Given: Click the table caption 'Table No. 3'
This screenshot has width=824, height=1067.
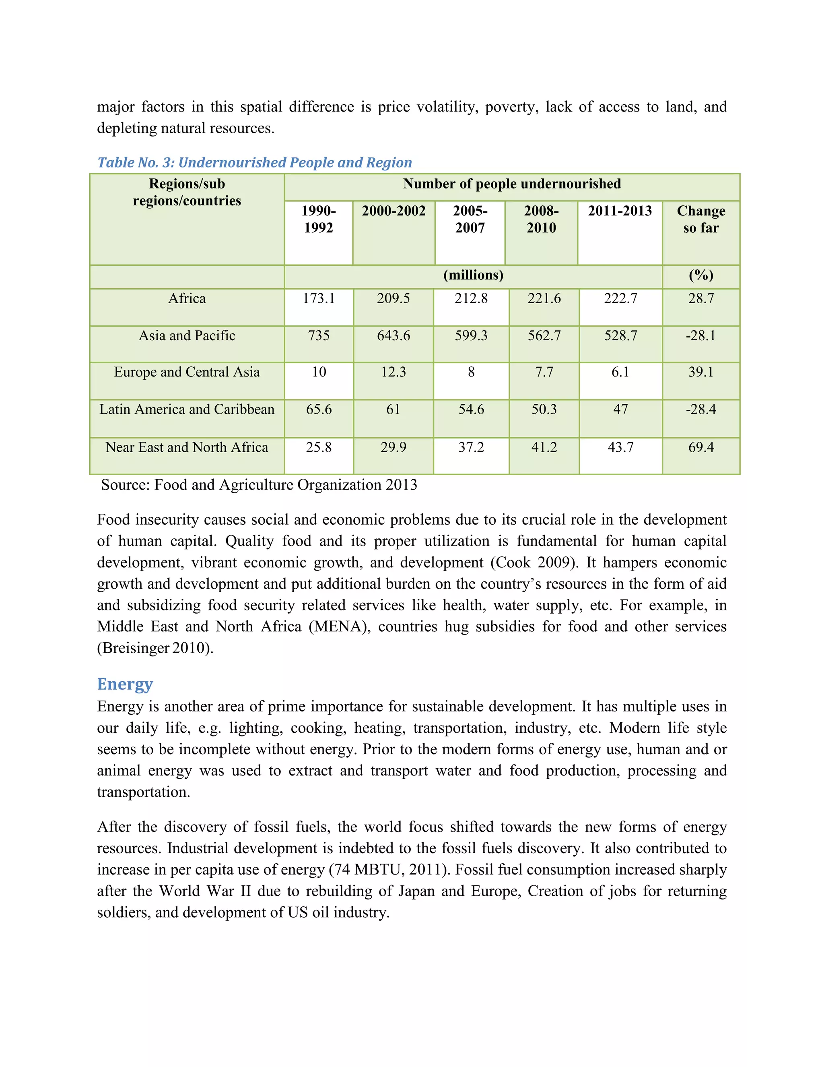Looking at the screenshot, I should click(254, 162).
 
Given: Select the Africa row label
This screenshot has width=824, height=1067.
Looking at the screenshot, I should click(187, 298).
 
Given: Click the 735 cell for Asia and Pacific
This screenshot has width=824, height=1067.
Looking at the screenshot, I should click(319, 336).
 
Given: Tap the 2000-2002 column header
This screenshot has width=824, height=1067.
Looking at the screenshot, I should click(393, 211).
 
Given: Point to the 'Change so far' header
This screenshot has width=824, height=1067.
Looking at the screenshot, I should click(701, 219).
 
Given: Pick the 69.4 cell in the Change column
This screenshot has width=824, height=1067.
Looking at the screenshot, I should click(701, 447).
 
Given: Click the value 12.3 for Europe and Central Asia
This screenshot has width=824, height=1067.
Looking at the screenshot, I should click(393, 372).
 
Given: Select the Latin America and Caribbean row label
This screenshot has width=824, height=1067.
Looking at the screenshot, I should click(187, 409).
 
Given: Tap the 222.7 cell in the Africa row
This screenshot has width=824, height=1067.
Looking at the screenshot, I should click(620, 298).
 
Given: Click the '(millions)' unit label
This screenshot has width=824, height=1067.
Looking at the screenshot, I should click(473, 275).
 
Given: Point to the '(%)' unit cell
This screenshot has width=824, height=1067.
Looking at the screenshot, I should click(701, 275).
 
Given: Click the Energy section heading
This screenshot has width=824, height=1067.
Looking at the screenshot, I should click(125, 684).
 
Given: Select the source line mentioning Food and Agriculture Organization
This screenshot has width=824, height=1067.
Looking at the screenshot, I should click(259, 485).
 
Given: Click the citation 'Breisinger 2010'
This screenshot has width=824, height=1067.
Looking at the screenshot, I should click(155, 648).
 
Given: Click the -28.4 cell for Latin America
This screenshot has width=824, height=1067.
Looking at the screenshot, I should click(701, 409).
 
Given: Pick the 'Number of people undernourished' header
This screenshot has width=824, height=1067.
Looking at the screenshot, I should click(512, 184).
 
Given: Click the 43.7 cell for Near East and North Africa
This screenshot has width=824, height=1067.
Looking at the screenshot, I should click(620, 447).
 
